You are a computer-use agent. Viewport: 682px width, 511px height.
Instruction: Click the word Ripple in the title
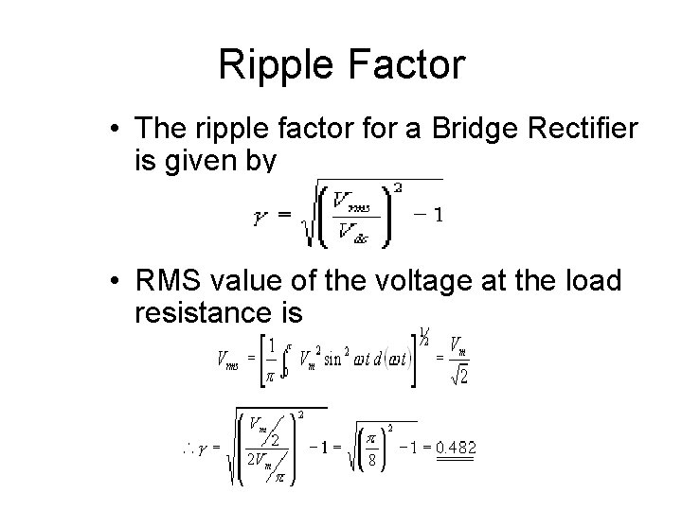coord(271,65)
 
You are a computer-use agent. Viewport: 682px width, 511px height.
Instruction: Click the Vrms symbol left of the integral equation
coord(228,359)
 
